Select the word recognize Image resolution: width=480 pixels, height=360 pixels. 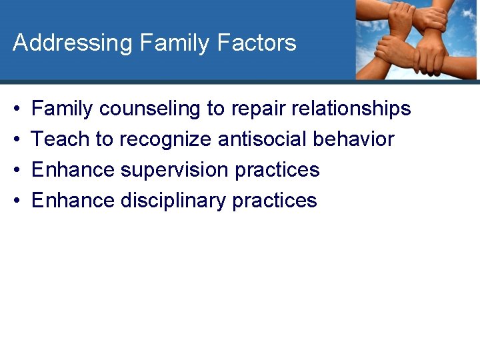[x=165, y=139]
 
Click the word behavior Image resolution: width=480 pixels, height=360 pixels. [x=353, y=139]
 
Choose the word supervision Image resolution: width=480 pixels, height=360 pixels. [x=175, y=170]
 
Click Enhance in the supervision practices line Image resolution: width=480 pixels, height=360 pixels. [x=73, y=170]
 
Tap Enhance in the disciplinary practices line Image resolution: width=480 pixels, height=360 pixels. [x=73, y=201]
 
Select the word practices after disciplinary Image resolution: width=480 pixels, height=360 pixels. [x=275, y=201]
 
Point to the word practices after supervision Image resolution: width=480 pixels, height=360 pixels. [x=277, y=170]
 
